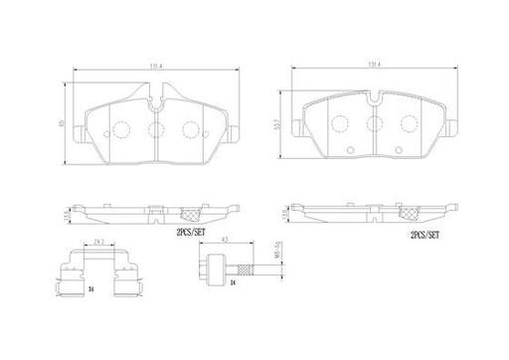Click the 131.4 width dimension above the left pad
(x=155, y=67)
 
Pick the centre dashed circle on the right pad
(x=374, y=124)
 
